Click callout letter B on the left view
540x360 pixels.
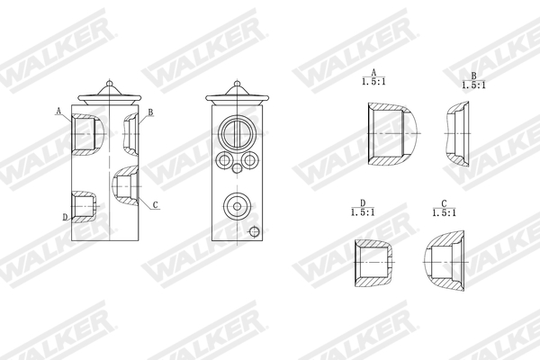pyautogui.click(x=150, y=112)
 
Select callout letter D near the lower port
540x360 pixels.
pyautogui.click(x=65, y=217)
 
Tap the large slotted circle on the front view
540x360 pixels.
pyautogui.click(x=238, y=133)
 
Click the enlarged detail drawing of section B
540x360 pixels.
pyautogui.click(x=460, y=134)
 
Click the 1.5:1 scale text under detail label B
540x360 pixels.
pyautogui.click(x=473, y=85)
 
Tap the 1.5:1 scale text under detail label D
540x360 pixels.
pyautogui.click(x=363, y=212)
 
